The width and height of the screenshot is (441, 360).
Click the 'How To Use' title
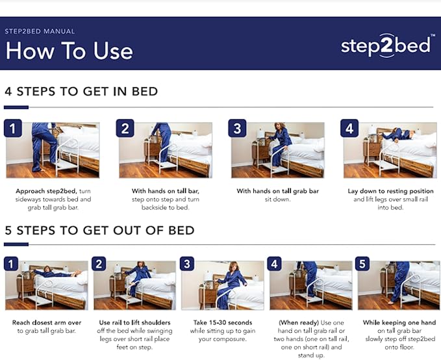[x=69, y=51]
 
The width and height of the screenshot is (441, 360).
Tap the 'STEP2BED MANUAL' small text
[x=40, y=31]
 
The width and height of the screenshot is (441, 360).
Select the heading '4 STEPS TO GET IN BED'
[x=81, y=91]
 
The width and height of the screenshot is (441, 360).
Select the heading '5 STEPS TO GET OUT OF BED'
[x=99, y=230]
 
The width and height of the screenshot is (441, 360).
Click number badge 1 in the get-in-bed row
[x=14, y=128]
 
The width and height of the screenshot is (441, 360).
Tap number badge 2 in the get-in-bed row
[x=125, y=128]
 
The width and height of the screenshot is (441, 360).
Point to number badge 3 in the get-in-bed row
[x=238, y=128]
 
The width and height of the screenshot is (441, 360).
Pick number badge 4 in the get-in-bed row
[x=350, y=128]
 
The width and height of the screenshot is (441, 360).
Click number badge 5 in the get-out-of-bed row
[x=363, y=263]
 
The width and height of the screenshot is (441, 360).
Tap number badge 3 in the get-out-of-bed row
[x=187, y=263]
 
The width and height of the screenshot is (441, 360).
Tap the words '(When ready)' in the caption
[x=297, y=322]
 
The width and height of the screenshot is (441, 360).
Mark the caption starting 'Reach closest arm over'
[x=46, y=326]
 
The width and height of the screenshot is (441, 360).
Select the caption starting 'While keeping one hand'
[x=399, y=331]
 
